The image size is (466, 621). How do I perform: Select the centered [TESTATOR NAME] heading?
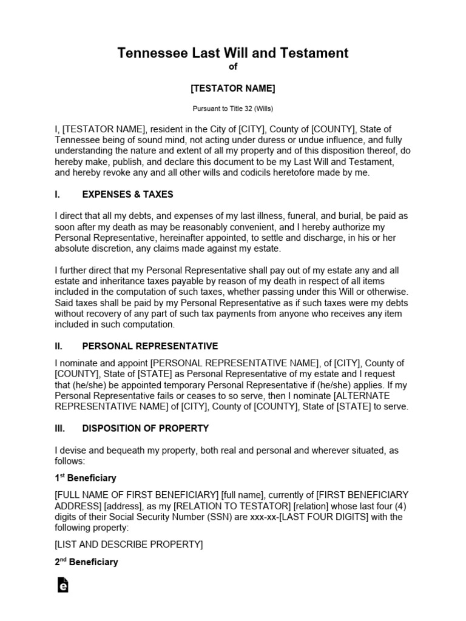(233, 89)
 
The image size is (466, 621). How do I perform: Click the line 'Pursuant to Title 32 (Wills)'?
(233, 109)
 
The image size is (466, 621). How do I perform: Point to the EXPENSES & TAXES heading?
(127, 195)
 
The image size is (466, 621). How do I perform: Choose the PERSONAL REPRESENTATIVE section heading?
(150, 346)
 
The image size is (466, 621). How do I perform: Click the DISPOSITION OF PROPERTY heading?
(145, 428)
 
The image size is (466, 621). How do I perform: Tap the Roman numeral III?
(59, 428)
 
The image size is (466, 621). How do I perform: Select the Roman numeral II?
(58, 346)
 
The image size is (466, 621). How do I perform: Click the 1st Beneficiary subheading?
(86, 478)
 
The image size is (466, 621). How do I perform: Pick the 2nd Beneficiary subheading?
(86, 562)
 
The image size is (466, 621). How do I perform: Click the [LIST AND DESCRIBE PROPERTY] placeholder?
(129, 544)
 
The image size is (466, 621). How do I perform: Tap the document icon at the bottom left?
(62, 585)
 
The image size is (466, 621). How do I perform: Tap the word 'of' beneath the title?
(233, 67)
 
